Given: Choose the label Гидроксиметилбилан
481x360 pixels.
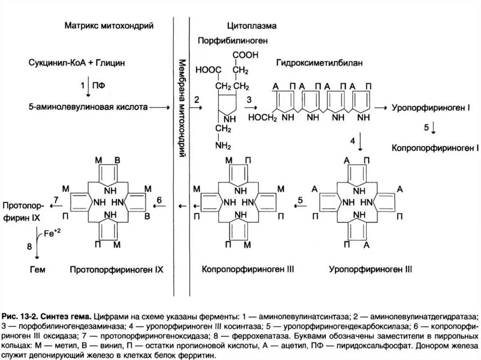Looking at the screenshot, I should [320, 62].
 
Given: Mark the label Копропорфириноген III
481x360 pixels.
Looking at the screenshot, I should [248, 270].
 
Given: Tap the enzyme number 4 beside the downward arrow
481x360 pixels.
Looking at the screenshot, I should [352, 140].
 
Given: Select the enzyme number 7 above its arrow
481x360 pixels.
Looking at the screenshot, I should [56, 200].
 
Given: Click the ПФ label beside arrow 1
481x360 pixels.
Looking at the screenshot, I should [97, 85].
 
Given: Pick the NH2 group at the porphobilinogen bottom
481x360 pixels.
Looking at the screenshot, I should [223, 146].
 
